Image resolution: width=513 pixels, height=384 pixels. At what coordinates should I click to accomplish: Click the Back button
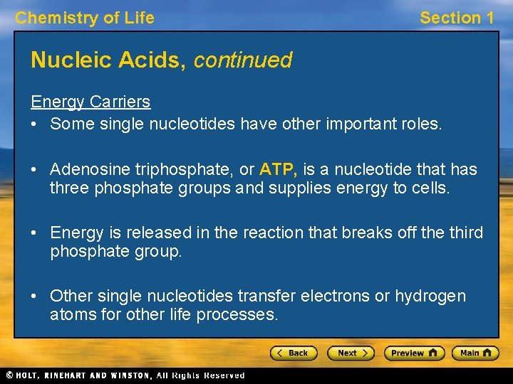(294, 353)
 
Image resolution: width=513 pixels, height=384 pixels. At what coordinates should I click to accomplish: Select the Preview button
(414, 353)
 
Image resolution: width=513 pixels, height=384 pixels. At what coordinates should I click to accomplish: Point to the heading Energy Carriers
(90, 102)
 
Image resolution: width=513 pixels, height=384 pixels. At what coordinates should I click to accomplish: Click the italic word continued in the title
(242, 60)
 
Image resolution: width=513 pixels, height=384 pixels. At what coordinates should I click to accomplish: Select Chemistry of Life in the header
(85, 18)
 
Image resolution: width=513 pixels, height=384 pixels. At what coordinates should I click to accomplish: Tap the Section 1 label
(456, 18)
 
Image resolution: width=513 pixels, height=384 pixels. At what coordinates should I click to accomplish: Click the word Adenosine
(88, 170)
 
